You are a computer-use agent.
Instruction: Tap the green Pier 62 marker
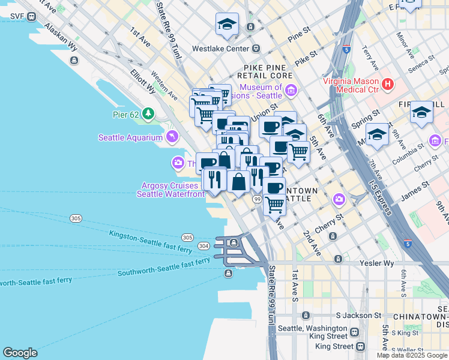tap(148, 113)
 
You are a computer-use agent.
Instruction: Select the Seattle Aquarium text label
tap(130, 137)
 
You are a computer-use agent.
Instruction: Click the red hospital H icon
tap(387, 84)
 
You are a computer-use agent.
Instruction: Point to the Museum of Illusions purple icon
tap(291, 91)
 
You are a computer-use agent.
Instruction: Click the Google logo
tap(20, 353)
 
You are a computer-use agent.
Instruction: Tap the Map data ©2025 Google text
tap(411, 355)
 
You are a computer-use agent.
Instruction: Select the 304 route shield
tap(203, 245)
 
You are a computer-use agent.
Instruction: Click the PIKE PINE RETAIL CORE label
tap(268, 71)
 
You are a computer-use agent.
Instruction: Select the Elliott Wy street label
tap(143, 81)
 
